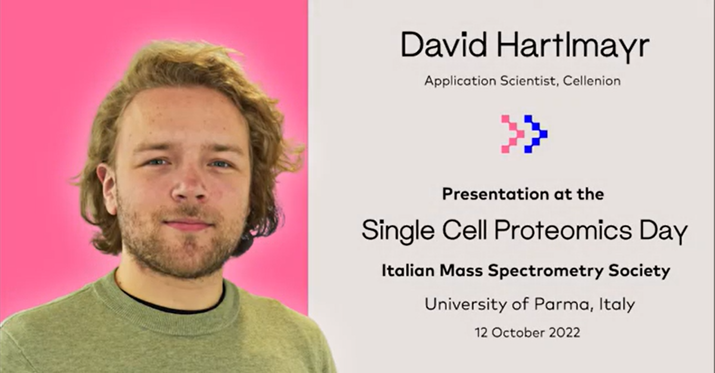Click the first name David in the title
(x=444, y=46)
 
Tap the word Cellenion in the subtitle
(x=592, y=81)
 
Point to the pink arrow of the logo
(x=512, y=134)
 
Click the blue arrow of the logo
(x=536, y=134)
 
